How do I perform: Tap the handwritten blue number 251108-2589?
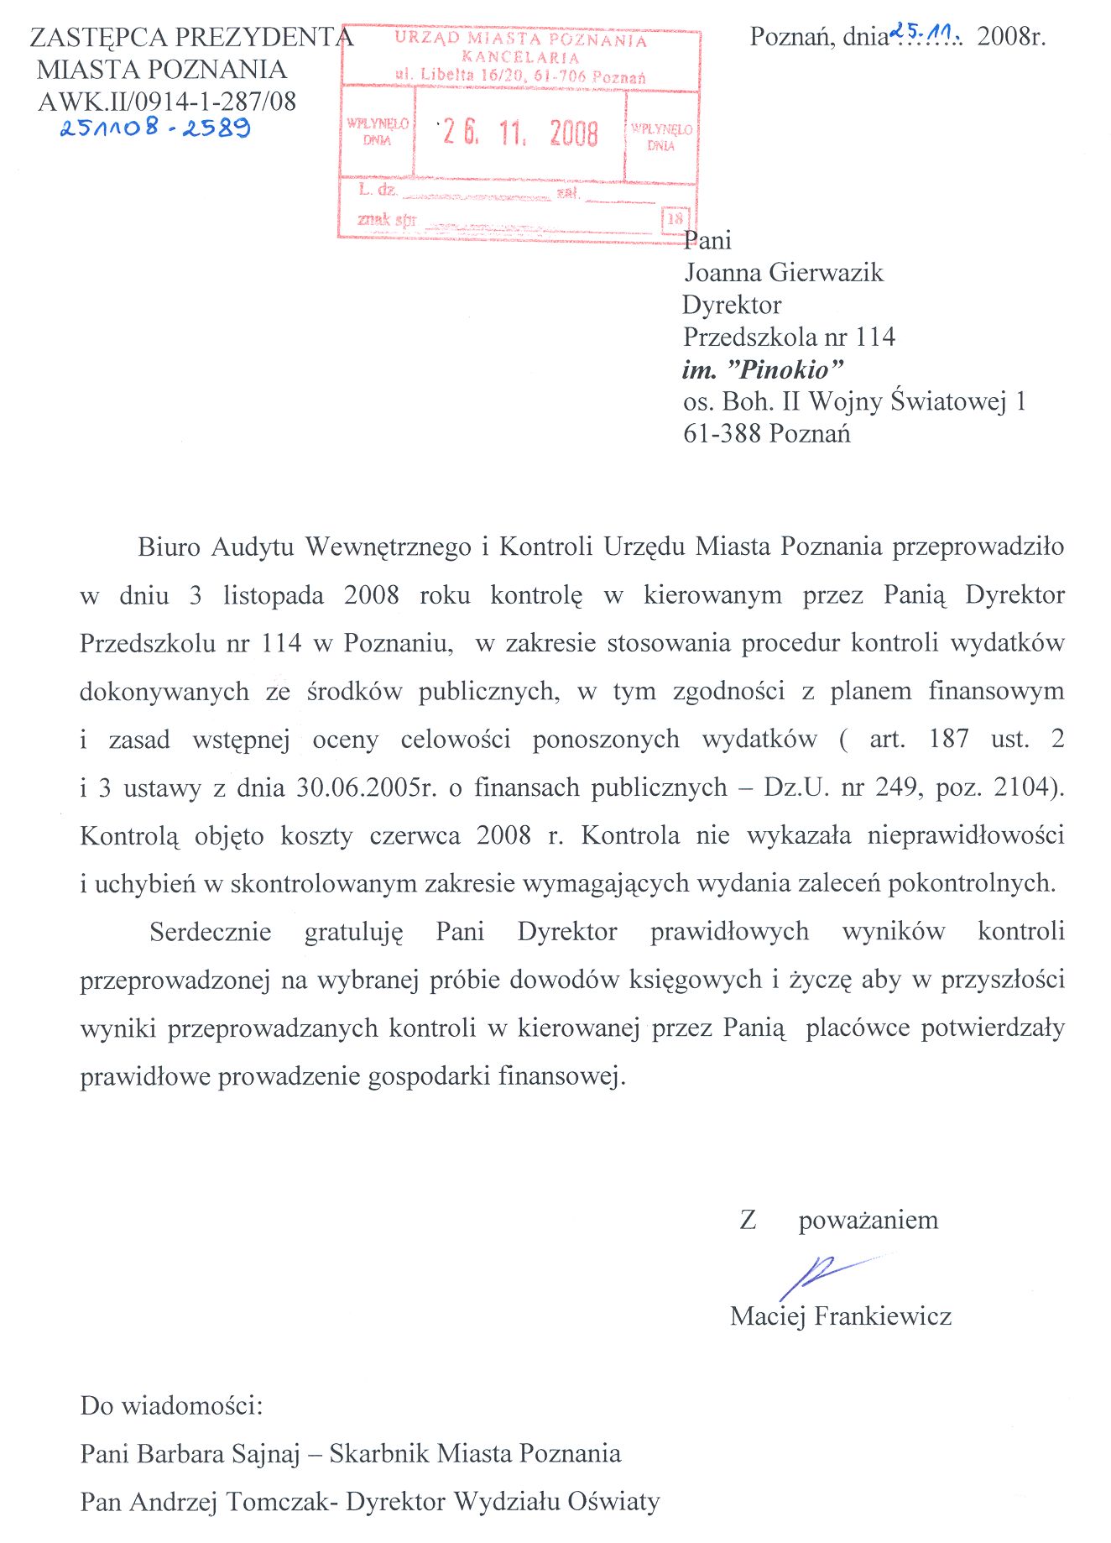point(154,128)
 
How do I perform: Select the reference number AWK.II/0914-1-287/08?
point(167,102)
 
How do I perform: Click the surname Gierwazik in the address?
point(826,273)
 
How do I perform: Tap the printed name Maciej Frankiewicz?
point(841,1315)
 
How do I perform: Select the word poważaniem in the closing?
point(868,1220)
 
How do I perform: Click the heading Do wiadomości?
point(172,1405)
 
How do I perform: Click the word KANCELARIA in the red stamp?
point(520,58)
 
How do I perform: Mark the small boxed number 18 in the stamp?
point(675,219)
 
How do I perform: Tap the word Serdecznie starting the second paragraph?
point(211,932)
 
